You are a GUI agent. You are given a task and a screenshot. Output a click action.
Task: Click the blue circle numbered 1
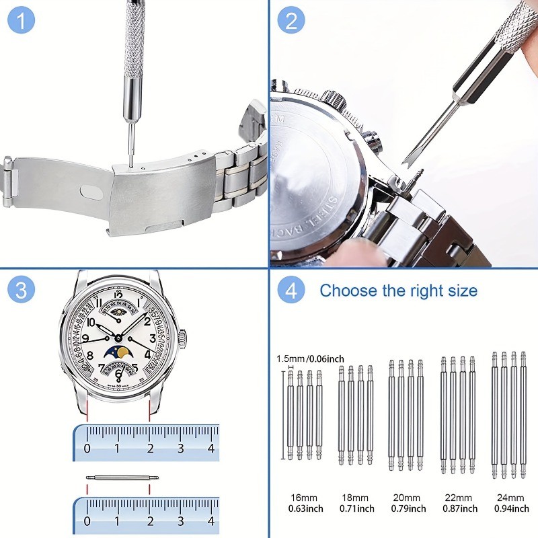pos(21,21)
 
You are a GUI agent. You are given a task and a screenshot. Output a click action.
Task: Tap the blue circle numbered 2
pos(291,21)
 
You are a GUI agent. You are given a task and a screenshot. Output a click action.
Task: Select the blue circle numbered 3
pos(21,291)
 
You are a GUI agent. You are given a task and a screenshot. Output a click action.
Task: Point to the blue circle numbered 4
pos(291,291)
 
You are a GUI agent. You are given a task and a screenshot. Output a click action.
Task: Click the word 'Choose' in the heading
pos(348,291)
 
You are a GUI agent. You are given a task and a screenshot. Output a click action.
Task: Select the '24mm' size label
pos(510,497)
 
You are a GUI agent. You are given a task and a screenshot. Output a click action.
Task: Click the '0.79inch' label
pos(408,508)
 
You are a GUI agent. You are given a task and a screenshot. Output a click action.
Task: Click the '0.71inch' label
pos(358,508)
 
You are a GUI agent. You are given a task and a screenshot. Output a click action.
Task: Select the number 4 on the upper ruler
pos(211,448)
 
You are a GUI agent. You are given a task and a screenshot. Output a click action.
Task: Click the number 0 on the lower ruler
pos(87,521)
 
